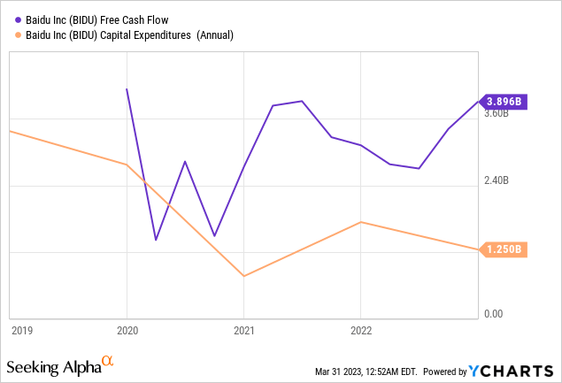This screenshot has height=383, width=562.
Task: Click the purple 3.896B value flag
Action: (x=504, y=102)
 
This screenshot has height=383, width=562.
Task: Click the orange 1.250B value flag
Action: (x=504, y=250)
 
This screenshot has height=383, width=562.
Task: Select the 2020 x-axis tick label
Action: (x=127, y=331)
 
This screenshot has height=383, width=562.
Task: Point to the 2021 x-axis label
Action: (x=244, y=331)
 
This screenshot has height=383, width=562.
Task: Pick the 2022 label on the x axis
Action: (x=361, y=331)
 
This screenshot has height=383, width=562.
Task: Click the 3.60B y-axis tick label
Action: (x=497, y=113)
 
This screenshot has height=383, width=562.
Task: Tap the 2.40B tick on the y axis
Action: (x=497, y=180)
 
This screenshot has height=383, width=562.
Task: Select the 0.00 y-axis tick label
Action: (x=492, y=313)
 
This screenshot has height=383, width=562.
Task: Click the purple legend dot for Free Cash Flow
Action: (x=12, y=19)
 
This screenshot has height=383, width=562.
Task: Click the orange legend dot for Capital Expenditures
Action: (x=12, y=34)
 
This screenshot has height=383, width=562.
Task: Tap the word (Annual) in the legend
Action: (x=219, y=34)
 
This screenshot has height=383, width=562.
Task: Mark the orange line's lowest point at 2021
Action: (x=244, y=276)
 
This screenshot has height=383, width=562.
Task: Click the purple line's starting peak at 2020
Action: (x=127, y=89)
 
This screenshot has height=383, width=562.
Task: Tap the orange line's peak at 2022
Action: (x=361, y=222)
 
